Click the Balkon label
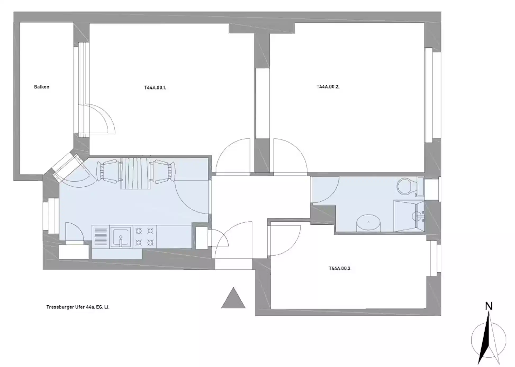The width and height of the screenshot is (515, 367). pos(42,87)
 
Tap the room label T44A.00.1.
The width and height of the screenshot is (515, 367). pos(155,88)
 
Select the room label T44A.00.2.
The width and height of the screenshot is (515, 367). pos(328,87)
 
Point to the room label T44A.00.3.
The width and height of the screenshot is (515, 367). pos(340,268)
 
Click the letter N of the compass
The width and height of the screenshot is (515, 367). pos(489,306)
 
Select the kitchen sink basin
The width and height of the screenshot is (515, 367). pos(121,237)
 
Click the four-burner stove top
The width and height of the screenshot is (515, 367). pos(144,237)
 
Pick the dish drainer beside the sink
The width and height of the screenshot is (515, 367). pos(101,237)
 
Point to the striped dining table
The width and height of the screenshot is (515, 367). pos(135,173)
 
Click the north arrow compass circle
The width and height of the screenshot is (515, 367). pos(489,340)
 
